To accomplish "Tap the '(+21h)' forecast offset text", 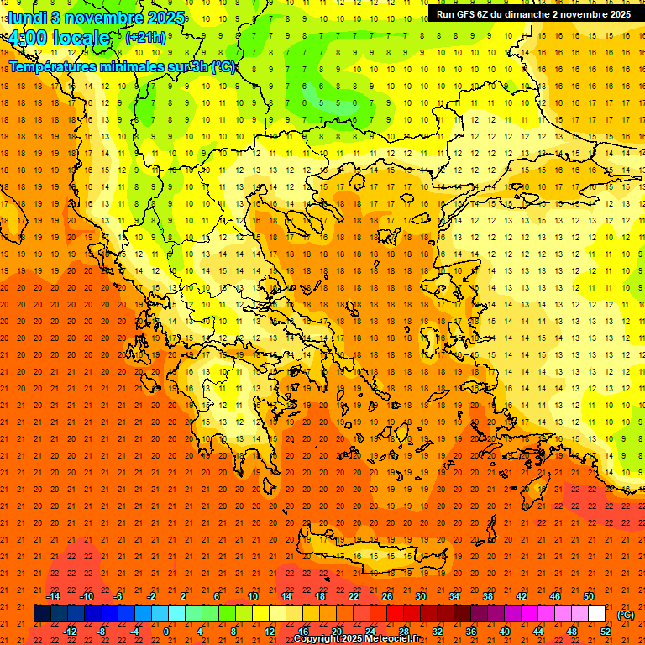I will click(145, 37).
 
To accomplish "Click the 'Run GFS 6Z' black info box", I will click(533, 14).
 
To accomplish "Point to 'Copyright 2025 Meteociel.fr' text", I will click(356, 639).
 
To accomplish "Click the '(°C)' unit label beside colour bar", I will click(626, 615).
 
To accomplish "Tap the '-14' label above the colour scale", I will click(53, 596).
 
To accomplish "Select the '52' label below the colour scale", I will click(606, 632).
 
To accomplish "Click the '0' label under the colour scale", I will click(167, 632).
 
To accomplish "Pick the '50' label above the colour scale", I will click(589, 596).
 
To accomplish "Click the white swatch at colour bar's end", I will click(597, 614).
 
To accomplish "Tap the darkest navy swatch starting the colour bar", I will click(42, 614).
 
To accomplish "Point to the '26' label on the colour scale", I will click(387, 596).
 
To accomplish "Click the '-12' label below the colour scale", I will click(70, 632).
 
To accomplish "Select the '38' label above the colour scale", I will click(488, 596).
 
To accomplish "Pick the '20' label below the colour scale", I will click(337, 632).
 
